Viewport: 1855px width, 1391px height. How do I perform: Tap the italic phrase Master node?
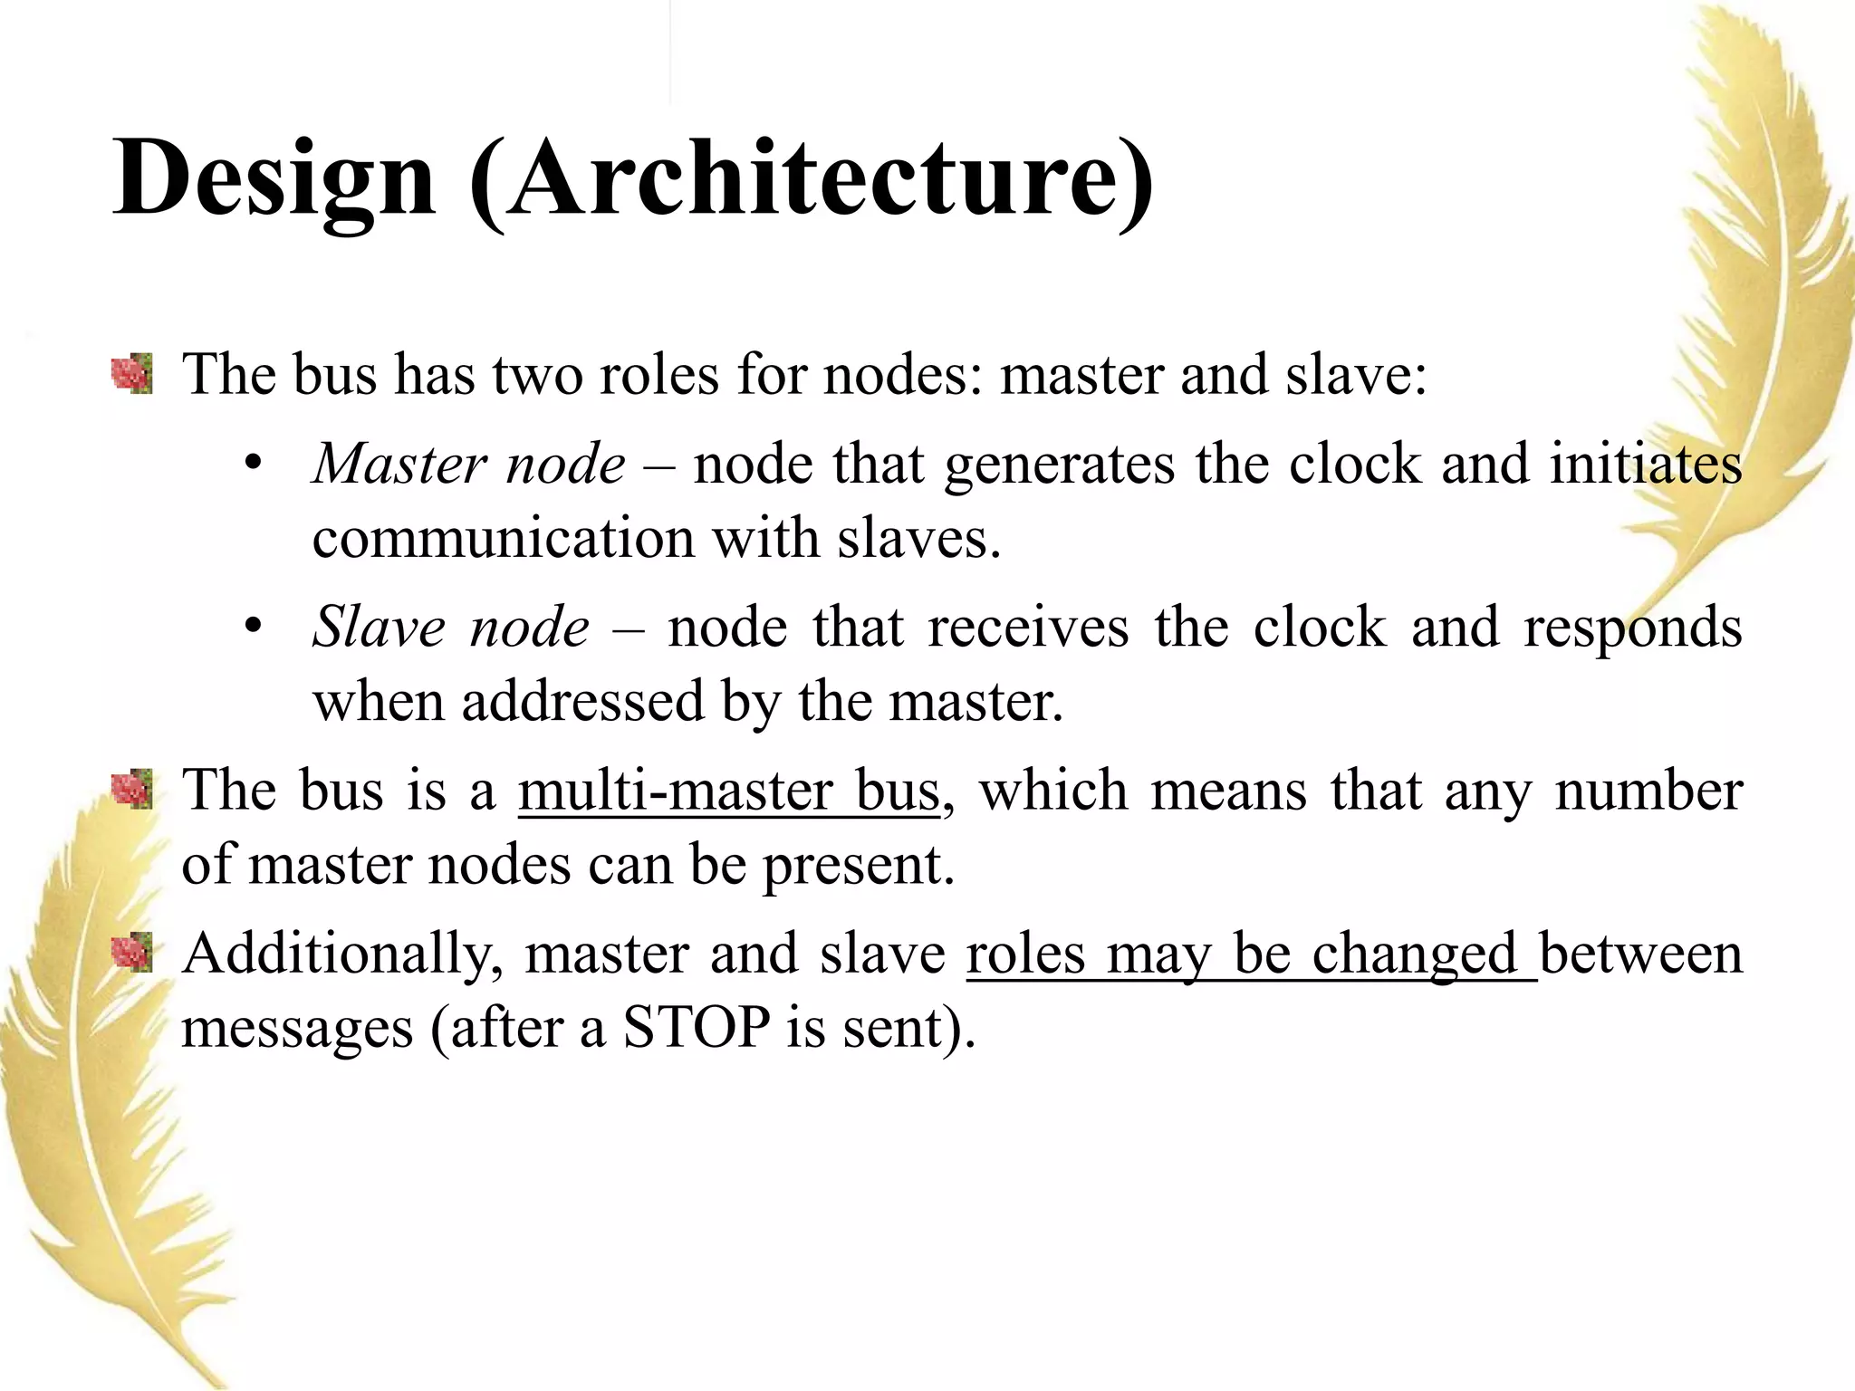pyautogui.click(x=469, y=465)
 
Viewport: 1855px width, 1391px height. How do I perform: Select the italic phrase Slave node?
pyautogui.click(x=451, y=628)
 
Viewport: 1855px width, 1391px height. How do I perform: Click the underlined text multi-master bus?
pyautogui.click(x=729, y=791)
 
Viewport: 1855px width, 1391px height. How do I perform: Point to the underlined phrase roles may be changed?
pyautogui.click(x=1251, y=955)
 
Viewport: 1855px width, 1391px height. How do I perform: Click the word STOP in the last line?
pyautogui.click(x=697, y=1028)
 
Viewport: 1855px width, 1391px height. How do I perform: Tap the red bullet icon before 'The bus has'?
pyautogui.click(x=132, y=374)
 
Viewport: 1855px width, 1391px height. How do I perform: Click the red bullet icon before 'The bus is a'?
pyautogui.click(x=132, y=789)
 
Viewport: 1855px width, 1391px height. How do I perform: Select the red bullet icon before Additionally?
pyautogui.click(x=132, y=953)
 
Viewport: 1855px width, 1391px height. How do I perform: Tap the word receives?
pyautogui.click(x=1028, y=628)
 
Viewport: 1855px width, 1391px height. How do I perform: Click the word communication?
pyautogui.click(x=504, y=538)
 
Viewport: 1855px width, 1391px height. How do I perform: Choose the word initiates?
pyautogui.click(x=1645, y=465)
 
